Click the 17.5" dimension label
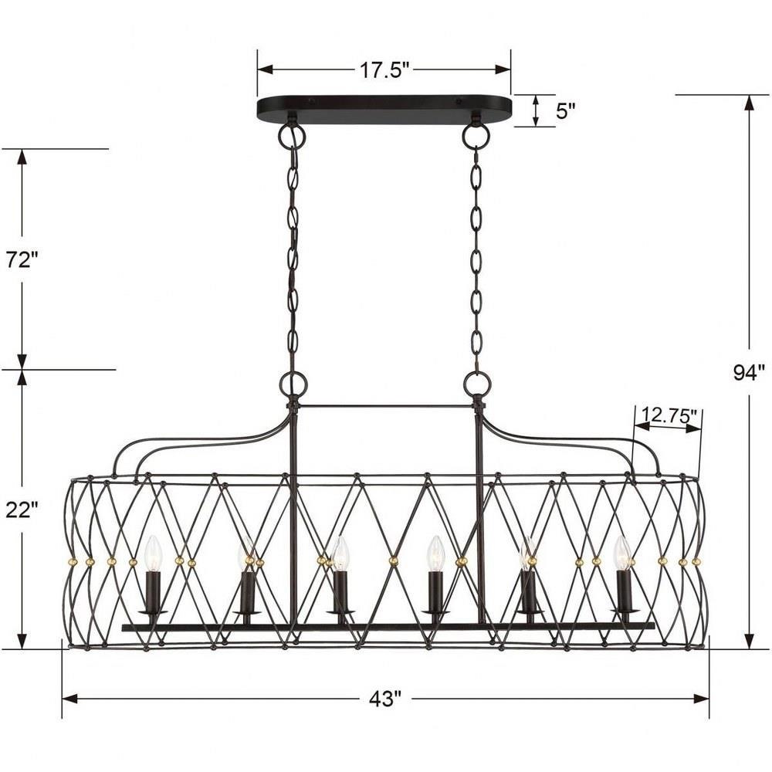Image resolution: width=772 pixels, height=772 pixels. [384, 70]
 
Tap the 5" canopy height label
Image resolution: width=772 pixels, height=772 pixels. [565, 111]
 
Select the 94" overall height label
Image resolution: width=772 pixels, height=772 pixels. [750, 373]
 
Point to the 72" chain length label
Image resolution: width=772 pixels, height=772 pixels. [22, 259]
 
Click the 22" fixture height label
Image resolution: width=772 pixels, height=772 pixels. [22, 510]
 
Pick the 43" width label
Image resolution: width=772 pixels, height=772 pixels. [385, 699]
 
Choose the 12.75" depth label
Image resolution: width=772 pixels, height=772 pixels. [668, 417]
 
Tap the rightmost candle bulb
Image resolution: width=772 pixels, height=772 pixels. [623, 554]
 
